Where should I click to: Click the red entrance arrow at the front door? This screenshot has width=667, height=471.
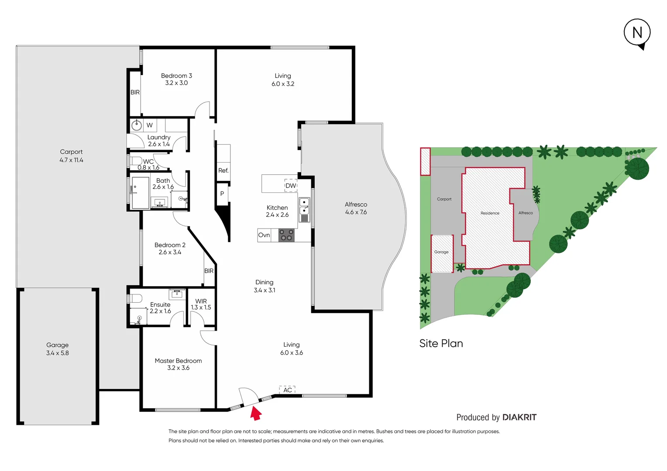[256, 413]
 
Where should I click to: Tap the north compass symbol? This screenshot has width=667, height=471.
[637, 33]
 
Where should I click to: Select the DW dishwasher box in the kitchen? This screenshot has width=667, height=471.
[291, 185]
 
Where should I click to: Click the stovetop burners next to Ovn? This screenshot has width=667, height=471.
[286, 235]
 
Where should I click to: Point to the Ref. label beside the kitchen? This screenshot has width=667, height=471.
[223, 171]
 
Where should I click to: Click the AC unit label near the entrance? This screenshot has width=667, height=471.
[287, 390]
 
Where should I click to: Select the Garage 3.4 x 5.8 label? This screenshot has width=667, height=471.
[57, 349]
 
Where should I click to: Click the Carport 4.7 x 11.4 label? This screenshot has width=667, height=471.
[71, 156]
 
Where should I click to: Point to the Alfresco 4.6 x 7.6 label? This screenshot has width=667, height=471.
[356, 208]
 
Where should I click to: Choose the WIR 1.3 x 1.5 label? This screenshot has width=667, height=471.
[201, 304]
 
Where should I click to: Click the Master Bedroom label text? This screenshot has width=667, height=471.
[178, 361]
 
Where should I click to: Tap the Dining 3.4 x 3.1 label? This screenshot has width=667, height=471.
[264, 286]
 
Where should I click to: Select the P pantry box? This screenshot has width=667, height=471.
[222, 194]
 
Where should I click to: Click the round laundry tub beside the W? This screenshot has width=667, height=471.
[137, 125]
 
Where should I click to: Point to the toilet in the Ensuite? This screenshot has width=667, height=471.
[135, 299]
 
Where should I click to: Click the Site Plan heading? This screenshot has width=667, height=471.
[441, 343]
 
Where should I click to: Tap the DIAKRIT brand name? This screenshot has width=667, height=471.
[519, 417]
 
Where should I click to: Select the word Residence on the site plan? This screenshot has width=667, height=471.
[490, 213]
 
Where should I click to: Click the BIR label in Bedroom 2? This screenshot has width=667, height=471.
[209, 271]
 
